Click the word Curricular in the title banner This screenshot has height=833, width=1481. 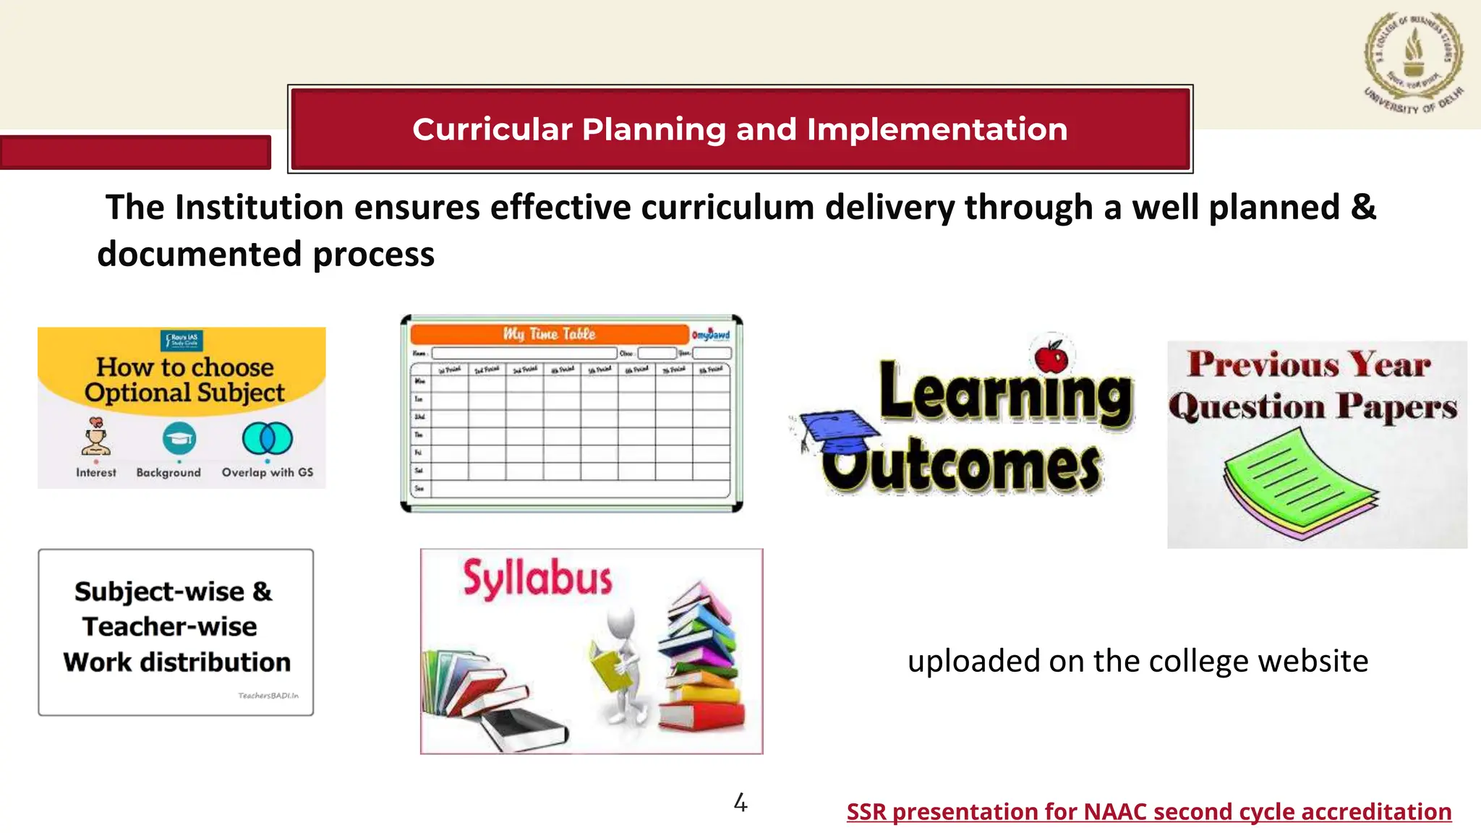pos(492,129)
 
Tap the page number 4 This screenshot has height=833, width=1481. pos(740,803)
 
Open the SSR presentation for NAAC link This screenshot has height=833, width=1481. pos(1148,811)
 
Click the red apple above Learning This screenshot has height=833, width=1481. pos(1051,357)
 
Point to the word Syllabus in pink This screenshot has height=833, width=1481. pos(537,579)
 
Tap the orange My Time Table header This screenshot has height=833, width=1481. pos(549,334)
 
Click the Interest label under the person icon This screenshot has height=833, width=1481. pos(95,472)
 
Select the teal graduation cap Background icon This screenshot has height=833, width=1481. pos(179,438)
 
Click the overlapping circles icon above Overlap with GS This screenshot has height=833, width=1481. pos(267,438)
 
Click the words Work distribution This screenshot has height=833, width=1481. pos(176,662)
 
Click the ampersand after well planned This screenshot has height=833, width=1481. pos(1362,208)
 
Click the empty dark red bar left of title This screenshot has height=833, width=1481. pos(135,153)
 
